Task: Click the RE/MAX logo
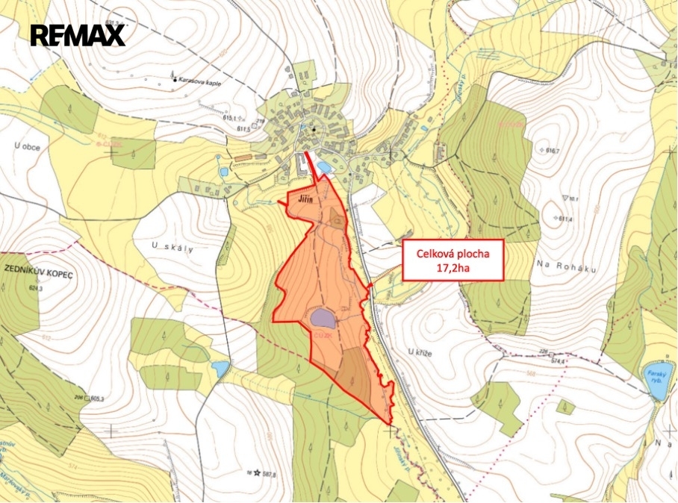point(78,35)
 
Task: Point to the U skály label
point(172,249)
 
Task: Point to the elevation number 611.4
point(565,219)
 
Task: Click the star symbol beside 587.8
point(258,472)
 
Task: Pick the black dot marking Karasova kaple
point(174,79)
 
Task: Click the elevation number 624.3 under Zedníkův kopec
point(33,287)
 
